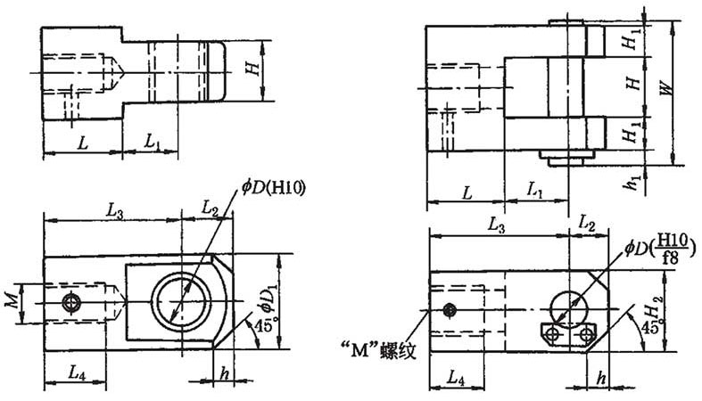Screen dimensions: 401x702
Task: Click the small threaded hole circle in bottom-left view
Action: [70, 303]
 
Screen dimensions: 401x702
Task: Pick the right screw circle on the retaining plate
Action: [586, 334]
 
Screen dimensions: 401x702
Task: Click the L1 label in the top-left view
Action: [153, 142]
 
